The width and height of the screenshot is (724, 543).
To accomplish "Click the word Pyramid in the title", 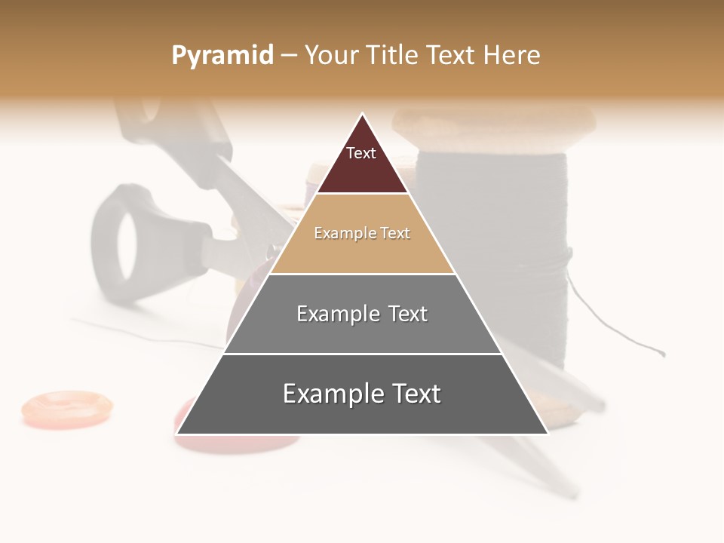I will pyautogui.click(x=222, y=56).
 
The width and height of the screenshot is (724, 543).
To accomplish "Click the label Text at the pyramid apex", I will pyautogui.click(x=361, y=153).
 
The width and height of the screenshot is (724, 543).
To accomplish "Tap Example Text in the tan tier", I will pyautogui.click(x=362, y=233).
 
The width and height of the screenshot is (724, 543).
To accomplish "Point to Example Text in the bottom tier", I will pyautogui.click(x=362, y=394).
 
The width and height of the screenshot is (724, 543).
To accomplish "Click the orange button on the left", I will pyautogui.click(x=66, y=407).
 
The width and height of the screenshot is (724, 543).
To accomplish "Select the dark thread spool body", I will pyautogui.click(x=490, y=241).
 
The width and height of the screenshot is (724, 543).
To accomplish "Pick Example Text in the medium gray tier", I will pyautogui.click(x=362, y=314).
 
